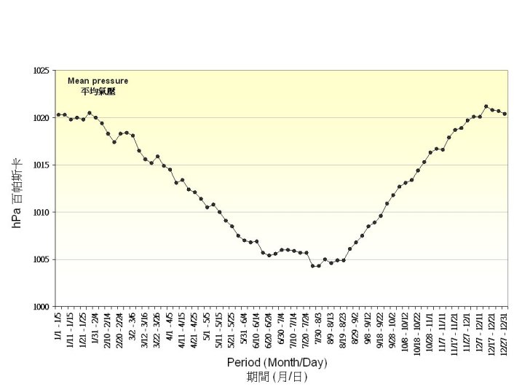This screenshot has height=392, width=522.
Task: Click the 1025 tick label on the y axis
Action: (41, 71)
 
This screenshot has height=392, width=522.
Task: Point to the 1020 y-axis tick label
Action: (41, 117)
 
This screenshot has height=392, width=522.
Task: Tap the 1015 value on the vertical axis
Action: (41, 165)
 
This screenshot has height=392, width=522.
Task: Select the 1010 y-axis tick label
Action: (41, 212)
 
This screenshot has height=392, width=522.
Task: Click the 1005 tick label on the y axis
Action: (41, 259)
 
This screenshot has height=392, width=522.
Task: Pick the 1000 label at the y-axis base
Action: (41, 307)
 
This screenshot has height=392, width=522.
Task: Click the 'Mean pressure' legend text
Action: (98, 81)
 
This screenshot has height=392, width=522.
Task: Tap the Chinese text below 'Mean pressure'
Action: (98, 92)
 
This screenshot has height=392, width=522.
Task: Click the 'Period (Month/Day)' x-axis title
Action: (277, 362)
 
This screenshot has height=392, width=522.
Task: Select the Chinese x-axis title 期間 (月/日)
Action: (277, 377)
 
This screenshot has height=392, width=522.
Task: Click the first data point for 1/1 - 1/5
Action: (58, 114)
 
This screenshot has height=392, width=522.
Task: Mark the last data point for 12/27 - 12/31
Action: (505, 114)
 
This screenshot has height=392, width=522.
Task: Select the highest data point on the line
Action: (486, 106)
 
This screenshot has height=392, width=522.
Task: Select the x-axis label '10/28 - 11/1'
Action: (430, 329)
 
